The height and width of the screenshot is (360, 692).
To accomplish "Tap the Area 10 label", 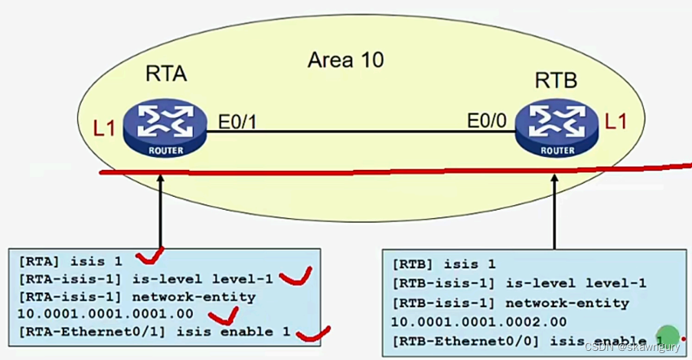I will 345,61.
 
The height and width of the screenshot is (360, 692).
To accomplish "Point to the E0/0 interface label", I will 488,121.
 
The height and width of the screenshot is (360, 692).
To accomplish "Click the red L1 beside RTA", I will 104,127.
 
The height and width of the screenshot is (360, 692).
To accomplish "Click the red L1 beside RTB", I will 617,121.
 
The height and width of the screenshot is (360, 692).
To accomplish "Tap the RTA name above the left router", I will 166,74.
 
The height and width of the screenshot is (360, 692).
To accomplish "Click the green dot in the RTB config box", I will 668,336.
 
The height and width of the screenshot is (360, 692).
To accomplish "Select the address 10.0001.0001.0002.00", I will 478,322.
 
